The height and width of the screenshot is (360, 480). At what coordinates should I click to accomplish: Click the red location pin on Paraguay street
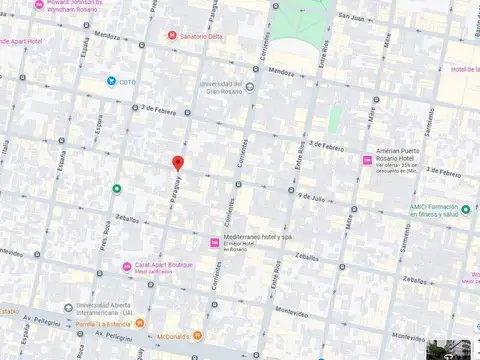(178, 164)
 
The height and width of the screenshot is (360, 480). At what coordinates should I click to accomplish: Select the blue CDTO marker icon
(111, 81)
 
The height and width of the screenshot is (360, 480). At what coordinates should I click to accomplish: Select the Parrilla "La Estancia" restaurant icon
(140, 322)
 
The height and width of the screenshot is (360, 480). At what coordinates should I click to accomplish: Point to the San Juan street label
(349, 17)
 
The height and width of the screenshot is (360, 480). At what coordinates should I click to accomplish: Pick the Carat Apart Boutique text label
(165, 265)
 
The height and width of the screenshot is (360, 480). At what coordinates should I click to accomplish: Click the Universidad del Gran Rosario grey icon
(249, 85)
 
